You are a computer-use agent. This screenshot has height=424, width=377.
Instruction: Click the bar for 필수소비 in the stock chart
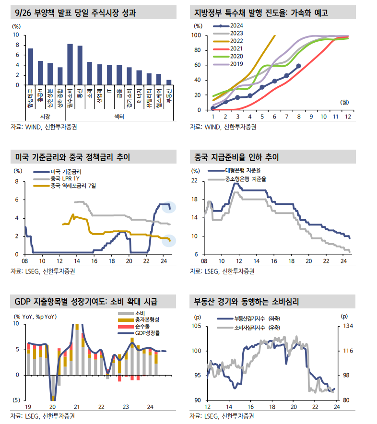click(70, 65)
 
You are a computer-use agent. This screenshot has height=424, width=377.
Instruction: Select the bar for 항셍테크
click(30, 67)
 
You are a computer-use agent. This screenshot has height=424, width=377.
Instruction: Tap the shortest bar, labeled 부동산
click(168, 82)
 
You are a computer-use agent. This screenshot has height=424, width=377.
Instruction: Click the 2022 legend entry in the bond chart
click(237, 41)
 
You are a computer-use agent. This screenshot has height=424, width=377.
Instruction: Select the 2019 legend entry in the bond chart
click(237, 64)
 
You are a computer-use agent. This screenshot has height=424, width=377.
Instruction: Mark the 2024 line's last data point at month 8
click(299, 66)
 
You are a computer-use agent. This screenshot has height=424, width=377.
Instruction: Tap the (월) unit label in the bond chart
click(344, 102)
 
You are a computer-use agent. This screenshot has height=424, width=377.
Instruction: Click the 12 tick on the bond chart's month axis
click(347, 117)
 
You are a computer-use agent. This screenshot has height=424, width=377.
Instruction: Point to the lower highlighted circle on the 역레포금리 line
click(169, 239)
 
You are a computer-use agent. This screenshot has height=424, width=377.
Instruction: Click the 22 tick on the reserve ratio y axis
click(195, 181)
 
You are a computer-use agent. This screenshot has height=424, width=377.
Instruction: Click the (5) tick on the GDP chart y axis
click(16, 400)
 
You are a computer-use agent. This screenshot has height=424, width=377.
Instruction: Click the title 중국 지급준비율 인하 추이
click(236, 157)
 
